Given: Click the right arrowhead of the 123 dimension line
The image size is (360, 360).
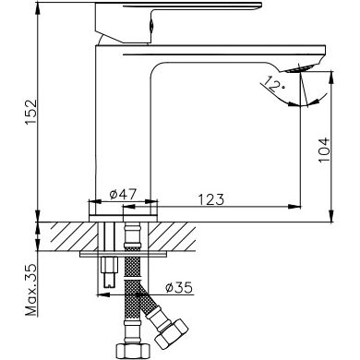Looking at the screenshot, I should coord(299,204).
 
